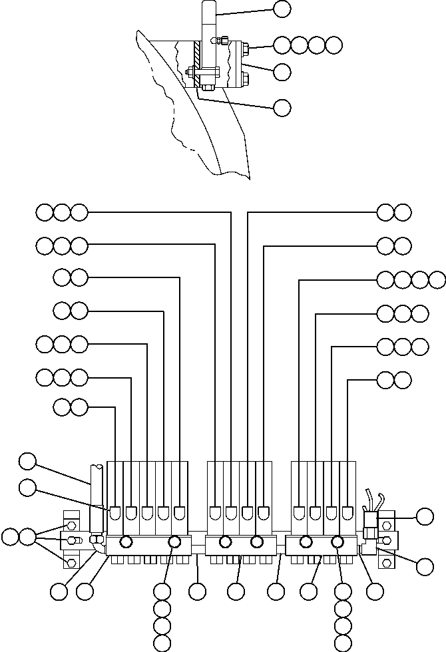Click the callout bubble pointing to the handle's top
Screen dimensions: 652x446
[282, 9]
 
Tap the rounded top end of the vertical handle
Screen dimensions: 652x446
[208, 5]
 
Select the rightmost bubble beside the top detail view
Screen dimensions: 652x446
[334, 45]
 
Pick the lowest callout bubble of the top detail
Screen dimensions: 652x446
[282, 106]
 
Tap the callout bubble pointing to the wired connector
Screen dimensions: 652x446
[424, 516]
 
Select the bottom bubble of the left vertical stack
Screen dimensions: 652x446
[162, 643]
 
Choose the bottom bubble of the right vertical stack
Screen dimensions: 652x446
[343, 643]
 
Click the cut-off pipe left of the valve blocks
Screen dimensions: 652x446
[95, 486]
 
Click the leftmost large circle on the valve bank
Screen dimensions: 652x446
[124, 543]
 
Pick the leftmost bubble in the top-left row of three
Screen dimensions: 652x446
[45, 213]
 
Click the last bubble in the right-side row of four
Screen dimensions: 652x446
[437, 280]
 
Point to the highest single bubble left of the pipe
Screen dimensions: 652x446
[27, 460]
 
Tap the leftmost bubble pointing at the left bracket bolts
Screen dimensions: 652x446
[10, 536]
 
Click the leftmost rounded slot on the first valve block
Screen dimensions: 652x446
[115, 514]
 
